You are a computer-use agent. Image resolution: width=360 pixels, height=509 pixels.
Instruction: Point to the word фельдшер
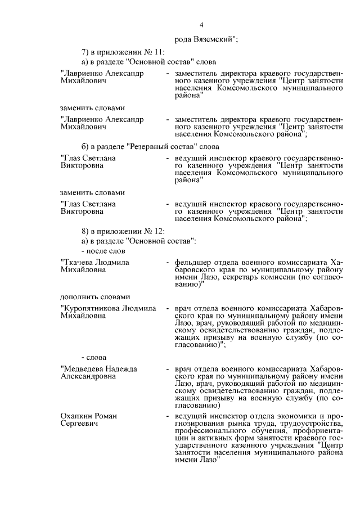click(x=193, y=262)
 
